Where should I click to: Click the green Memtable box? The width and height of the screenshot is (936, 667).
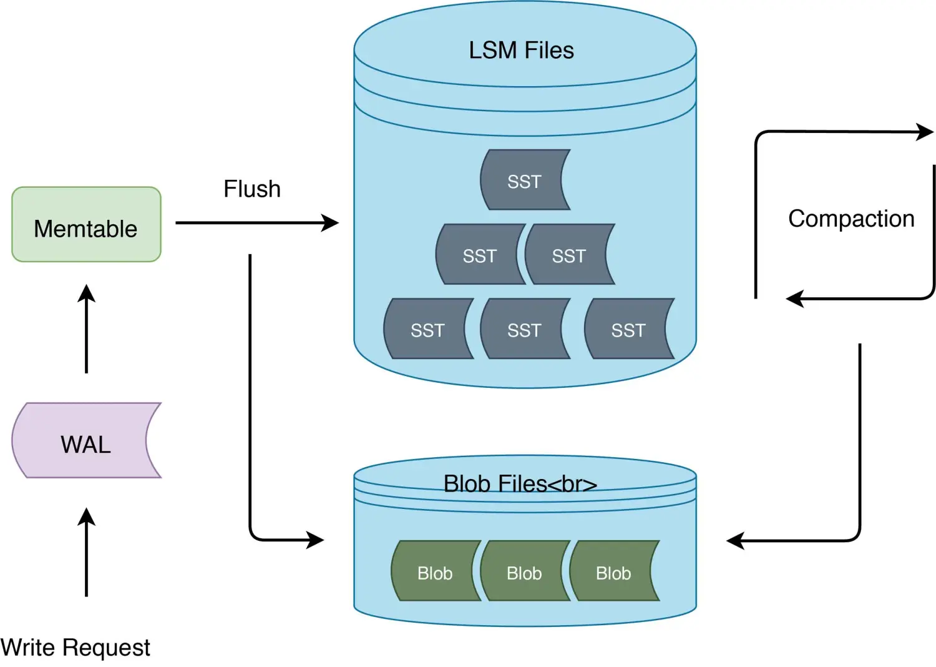86,225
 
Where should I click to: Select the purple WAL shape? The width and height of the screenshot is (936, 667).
86,441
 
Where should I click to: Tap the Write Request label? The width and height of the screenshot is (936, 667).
76,648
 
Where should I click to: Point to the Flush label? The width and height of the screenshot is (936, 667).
252,189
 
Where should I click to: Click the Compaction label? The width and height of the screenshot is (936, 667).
851,219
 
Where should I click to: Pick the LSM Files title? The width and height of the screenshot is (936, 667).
521,51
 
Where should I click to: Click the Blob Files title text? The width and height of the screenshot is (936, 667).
520,484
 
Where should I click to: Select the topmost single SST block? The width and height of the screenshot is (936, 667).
524,180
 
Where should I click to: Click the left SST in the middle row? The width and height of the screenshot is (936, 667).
479,255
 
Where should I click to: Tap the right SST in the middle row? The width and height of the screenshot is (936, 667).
568,255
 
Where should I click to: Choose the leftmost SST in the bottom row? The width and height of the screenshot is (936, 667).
427,329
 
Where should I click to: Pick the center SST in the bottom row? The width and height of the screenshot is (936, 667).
524,329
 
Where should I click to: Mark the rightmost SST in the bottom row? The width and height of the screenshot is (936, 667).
628,329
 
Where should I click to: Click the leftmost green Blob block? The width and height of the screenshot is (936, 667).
435,572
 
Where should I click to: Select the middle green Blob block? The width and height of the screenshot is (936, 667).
524,572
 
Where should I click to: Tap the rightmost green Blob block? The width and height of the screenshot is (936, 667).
613,572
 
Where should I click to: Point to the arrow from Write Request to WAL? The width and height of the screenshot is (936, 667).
87,552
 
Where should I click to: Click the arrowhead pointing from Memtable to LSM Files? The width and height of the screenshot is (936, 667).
331,223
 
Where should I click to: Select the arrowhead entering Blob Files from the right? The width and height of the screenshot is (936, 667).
735,541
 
